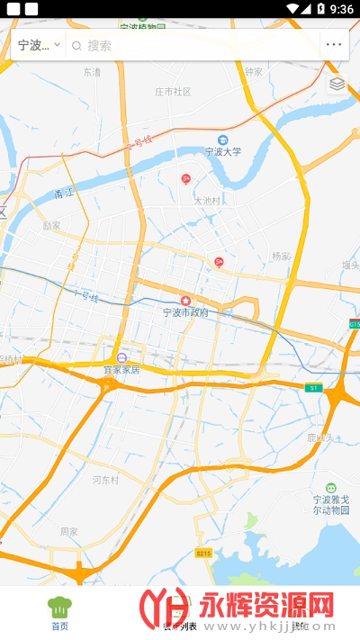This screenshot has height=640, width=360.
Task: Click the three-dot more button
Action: (334, 45)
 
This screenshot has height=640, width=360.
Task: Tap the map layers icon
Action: (337, 84)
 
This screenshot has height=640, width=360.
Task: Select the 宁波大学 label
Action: (223, 151)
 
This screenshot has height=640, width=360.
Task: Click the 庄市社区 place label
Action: (173, 92)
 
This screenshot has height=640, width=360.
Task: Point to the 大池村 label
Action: (207, 201)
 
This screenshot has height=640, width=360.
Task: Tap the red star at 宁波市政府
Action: (186, 300)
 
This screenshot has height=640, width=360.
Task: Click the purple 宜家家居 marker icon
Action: (121, 356)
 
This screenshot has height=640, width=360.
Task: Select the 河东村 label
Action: (105, 480)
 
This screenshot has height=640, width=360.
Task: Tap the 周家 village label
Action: (69, 531)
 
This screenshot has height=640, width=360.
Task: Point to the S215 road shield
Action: (204, 553)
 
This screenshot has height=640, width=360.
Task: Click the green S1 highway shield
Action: (312, 387)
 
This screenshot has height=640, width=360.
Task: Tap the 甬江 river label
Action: (64, 193)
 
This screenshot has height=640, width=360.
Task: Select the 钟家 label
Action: (253, 71)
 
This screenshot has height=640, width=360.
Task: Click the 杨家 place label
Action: (282, 257)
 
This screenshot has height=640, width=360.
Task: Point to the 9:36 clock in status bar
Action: (342, 9)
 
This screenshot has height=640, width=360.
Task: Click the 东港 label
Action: (92, 71)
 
